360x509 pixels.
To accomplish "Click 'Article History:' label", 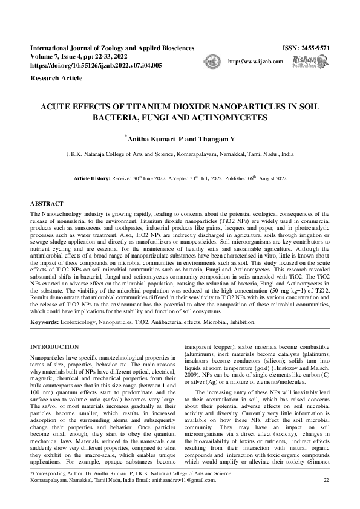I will pos(94,180).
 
